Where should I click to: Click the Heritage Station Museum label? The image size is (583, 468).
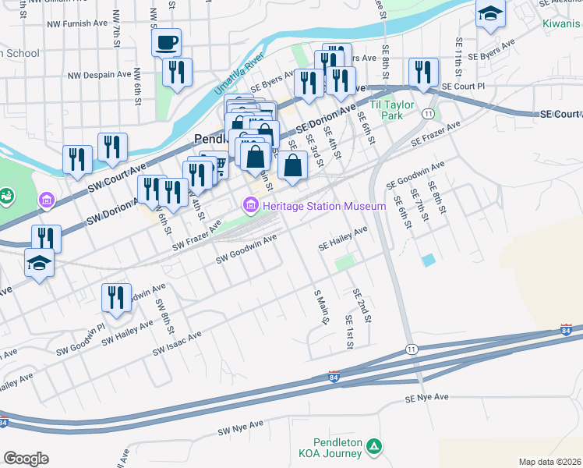click(324, 206)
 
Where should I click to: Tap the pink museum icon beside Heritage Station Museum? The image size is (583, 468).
click(250, 206)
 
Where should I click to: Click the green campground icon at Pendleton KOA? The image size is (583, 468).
click(376, 447)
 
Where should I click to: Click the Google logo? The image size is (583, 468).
click(26, 459)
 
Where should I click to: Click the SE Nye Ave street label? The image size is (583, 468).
click(427, 397)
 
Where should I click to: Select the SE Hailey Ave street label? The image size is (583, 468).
click(342, 238)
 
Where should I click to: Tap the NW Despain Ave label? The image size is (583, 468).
click(100, 76)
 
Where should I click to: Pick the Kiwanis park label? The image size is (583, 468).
click(562, 23)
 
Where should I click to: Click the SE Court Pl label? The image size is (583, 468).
click(463, 86)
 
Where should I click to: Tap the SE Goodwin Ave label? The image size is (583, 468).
click(415, 175)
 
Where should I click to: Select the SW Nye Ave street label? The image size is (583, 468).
click(241, 427)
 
